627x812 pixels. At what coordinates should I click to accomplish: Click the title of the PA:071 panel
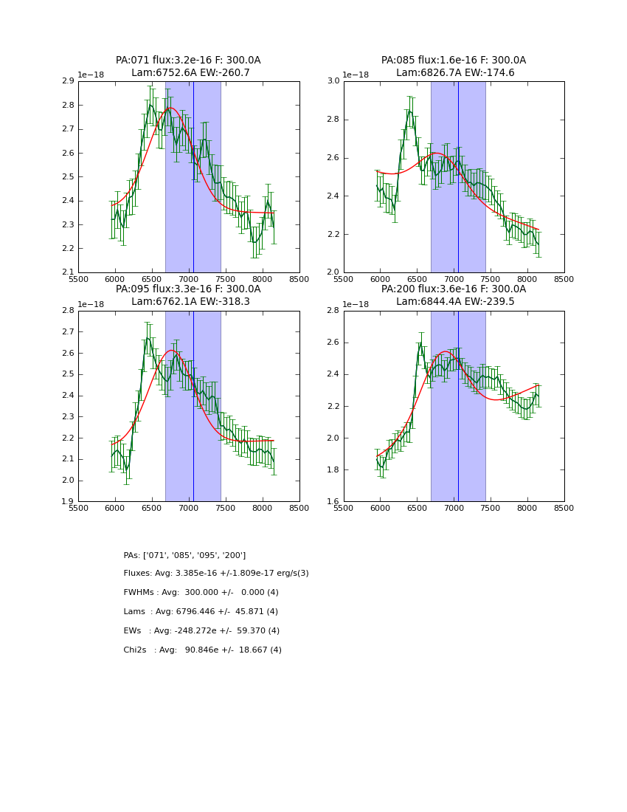[188, 66]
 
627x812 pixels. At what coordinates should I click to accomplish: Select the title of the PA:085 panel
[454, 66]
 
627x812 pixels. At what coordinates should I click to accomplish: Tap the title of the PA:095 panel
[188, 295]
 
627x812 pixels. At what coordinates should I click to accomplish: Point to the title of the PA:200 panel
[454, 295]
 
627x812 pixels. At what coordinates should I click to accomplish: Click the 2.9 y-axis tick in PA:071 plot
[67, 81]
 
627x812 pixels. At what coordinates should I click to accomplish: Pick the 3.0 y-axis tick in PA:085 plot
[333, 81]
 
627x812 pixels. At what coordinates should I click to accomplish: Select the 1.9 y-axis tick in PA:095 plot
[67, 501]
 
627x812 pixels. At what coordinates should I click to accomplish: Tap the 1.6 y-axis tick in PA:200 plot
[333, 501]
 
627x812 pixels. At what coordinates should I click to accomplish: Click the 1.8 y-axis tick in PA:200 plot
[333, 469]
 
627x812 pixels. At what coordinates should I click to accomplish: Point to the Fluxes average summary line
[216, 574]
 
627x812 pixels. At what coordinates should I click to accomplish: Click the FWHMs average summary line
[201, 593]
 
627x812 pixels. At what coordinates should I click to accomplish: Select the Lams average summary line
[201, 612]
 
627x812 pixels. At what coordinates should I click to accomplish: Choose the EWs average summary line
[201, 631]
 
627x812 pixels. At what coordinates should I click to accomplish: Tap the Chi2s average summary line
[202, 650]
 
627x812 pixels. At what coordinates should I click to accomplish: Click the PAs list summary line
[184, 555]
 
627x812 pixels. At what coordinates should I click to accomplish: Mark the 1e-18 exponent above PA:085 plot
[356, 75]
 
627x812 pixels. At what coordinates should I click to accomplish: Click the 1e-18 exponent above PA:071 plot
[90, 75]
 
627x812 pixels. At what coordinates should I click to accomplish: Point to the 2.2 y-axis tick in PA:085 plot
[333, 234]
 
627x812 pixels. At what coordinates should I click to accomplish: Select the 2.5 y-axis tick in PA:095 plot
[67, 374]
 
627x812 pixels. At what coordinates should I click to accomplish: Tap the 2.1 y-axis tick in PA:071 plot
[67, 272]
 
